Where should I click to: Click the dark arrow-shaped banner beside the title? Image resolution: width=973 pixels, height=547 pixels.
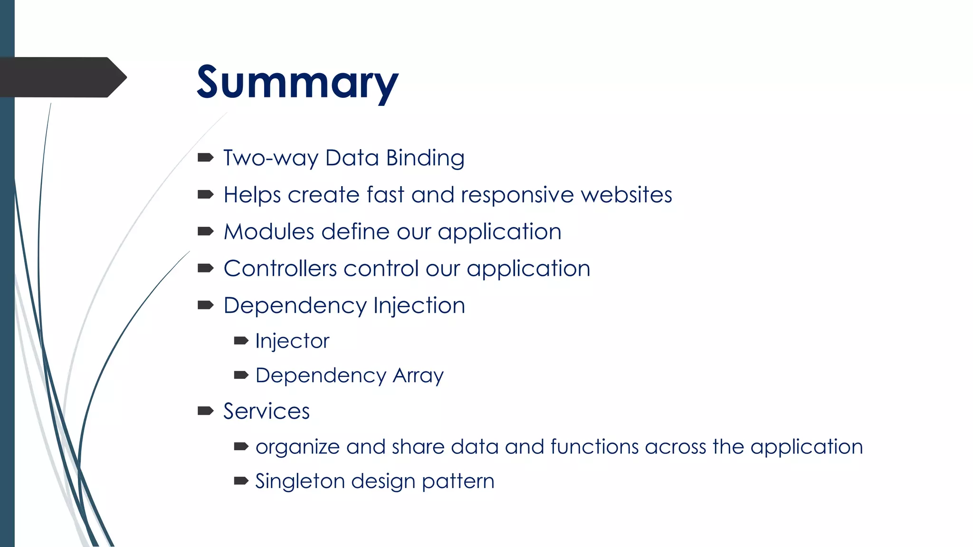pyautogui.click(x=62, y=77)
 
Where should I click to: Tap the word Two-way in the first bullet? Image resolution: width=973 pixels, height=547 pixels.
pyautogui.click(x=270, y=158)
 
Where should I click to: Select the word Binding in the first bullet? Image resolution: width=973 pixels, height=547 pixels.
pyautogui.click(x=425, y=158)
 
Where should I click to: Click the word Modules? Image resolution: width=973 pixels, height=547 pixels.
pyautogui.click(x=269, y=232)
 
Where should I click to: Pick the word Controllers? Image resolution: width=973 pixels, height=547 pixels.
pyautogui.click(x=280, y=269)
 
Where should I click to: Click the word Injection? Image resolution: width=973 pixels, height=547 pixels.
pyautogui.click(x=419, y=306)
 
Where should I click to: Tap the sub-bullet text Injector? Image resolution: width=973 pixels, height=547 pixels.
pyautogui.click(x=292, y=341)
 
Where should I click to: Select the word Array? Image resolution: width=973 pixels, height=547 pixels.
pyautogui.click(x=418, y=376)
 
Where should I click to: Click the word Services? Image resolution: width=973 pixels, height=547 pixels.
pyautogui.click(x=267, y=411)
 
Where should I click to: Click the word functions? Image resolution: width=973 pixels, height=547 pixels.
pyautogui.click(x=594, y=447)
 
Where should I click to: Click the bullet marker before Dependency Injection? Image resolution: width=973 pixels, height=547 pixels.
pyautogui.click(x=205, y=305)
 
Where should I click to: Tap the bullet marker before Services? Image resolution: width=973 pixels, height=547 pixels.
pyautogui.click(x=205, y=411)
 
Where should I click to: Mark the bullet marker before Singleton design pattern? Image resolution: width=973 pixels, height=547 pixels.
pyautogui.click(x=241, y=481)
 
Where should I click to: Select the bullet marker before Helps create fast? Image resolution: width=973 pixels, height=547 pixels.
pyautogui.click(x=205, y=194)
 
